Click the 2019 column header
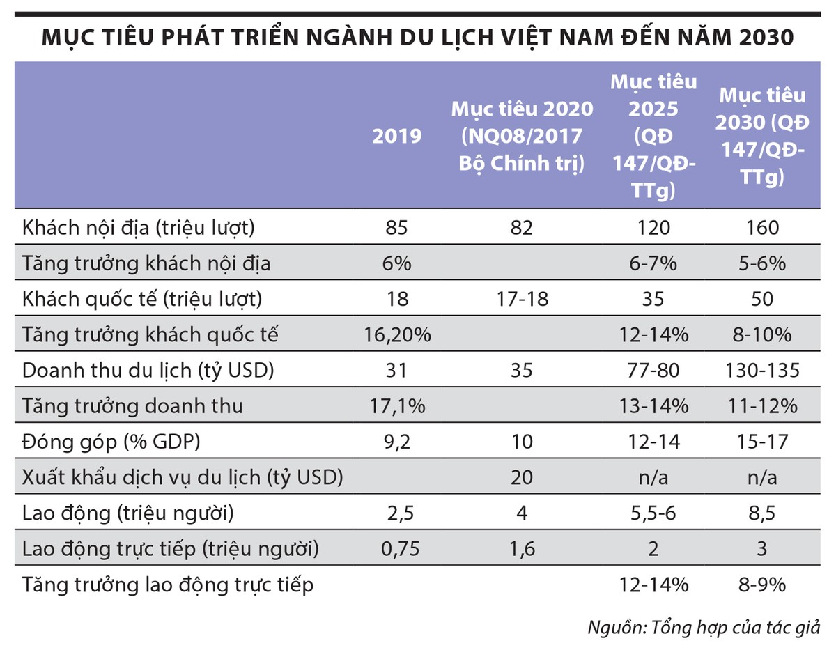(397, 136)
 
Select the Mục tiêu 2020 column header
(522, 136)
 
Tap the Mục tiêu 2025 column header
(653, 136)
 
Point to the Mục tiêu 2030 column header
(762, 136)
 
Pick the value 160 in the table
(762, 228)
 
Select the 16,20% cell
(397, 334)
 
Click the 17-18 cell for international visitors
(522, 299)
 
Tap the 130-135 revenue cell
(762, 370)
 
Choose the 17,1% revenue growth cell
(397, 405)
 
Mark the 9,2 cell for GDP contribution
(397, 442)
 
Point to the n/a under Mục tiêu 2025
(653, 477)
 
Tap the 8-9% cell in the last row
(762, 585)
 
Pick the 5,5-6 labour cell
(653, 513)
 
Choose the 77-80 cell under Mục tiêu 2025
(653, 370)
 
